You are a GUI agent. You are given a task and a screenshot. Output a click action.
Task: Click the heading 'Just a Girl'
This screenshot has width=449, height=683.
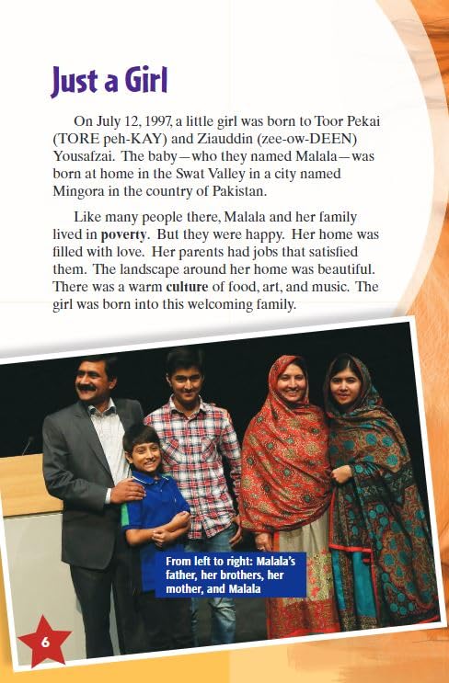point(109,81)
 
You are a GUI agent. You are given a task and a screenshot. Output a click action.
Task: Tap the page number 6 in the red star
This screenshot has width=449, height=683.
point(44,642)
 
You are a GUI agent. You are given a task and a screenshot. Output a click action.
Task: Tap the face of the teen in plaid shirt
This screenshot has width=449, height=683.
point(185,376)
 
